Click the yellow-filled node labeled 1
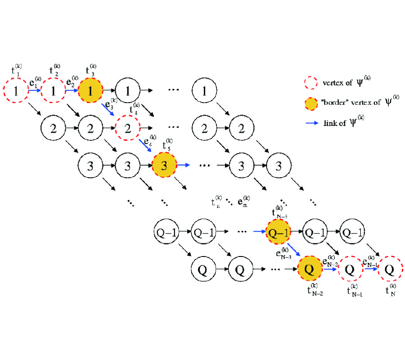[90, 91]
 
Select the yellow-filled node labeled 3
[165, 165]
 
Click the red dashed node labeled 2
[127, 128]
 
